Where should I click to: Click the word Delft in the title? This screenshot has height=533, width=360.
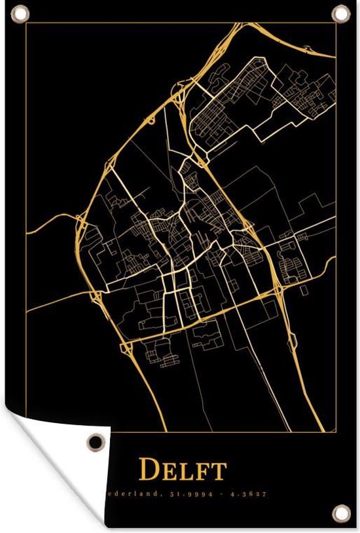pos(183,469)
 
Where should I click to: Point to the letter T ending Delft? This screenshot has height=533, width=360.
pos(219,470)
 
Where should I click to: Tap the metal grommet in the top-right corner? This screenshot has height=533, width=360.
pos(342,14)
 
